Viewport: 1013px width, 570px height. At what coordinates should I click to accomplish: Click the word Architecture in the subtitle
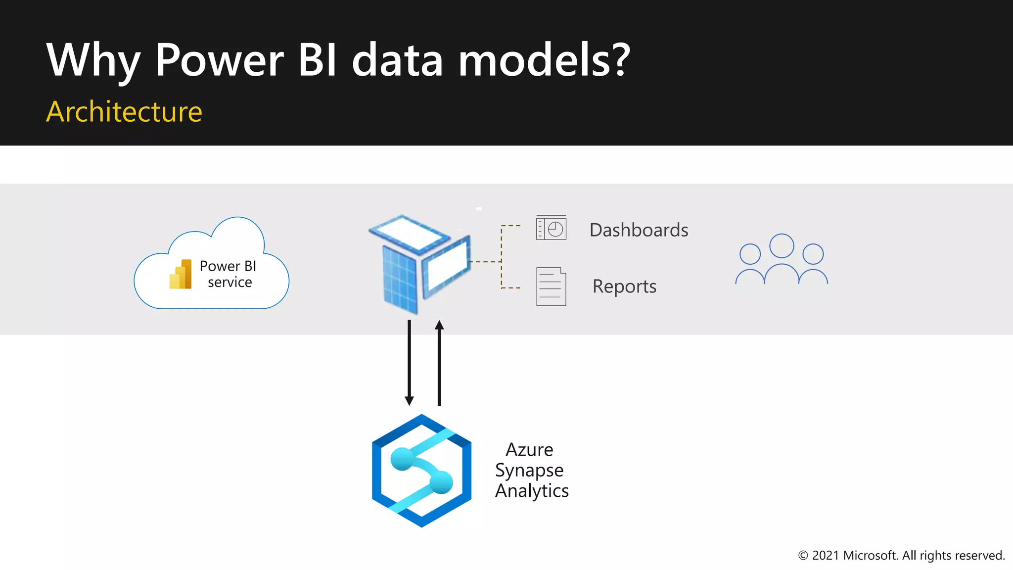click(124, 111)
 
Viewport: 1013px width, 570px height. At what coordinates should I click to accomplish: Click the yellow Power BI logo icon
click(181, 274)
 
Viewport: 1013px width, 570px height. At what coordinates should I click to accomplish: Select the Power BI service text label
click(229, 274)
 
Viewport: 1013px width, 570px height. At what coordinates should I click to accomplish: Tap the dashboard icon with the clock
click(551, 228)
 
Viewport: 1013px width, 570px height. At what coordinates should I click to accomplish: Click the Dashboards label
click(639, 230)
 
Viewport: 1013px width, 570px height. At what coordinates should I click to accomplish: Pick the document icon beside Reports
click(551, 286)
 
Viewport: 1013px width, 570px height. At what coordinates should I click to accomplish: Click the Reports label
click(624, 286)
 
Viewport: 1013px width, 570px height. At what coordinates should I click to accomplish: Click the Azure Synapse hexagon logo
click(421, 471)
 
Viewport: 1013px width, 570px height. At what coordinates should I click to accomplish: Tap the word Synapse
click(529, 470)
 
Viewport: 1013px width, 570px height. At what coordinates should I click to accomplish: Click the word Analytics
click(532, 491)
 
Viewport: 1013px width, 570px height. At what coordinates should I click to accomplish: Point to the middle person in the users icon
click(782, 257)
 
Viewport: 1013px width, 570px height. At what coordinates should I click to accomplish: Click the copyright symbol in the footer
click(803, 556)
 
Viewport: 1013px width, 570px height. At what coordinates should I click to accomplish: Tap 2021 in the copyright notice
click(826, 556)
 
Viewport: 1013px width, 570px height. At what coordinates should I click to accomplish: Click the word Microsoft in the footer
click(870, 556)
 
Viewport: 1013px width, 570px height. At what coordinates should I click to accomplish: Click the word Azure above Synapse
click(529, 450)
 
